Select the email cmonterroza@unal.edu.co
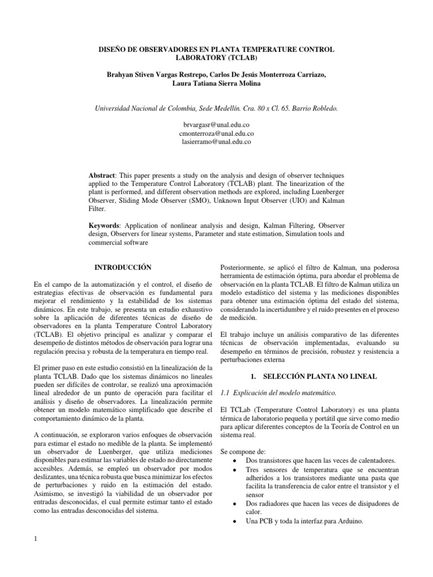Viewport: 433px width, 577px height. pyautogui.click(x=216, y=134)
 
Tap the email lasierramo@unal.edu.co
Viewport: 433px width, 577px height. pyautogui.click(x=216, y=143)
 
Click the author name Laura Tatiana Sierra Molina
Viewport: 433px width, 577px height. pyautogui.click(x=216, y=84)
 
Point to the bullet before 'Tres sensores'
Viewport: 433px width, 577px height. pyautogui.click(x=234, y=471)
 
